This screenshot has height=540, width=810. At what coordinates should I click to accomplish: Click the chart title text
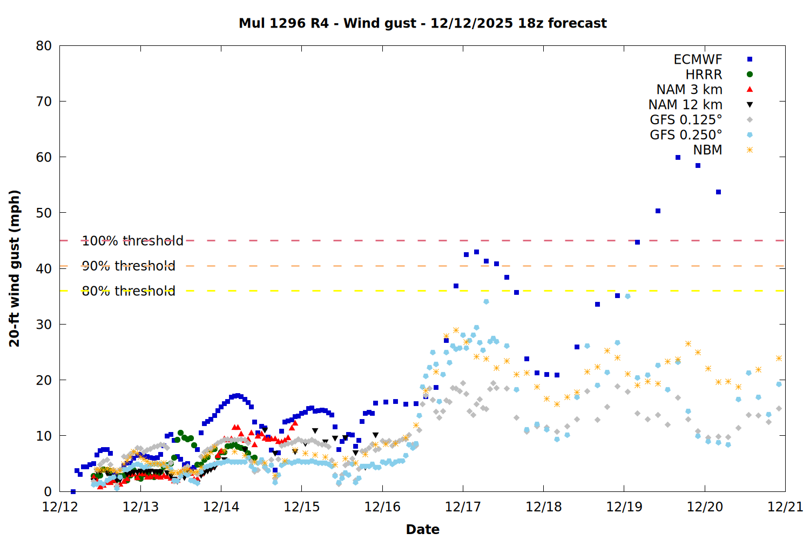[x=423, y=23]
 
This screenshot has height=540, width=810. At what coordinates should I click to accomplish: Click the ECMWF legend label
[x=698, y=59]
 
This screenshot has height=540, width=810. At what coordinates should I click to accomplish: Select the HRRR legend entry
[x=704, y=75]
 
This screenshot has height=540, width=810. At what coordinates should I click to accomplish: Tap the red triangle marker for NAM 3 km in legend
[x=750, y=90]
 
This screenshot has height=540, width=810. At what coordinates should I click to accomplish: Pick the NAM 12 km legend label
[x=685, y=105]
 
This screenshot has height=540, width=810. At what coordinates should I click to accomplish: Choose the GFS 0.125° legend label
[x=686, y=120]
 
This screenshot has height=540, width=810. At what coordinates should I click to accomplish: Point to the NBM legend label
[x=707, y=150]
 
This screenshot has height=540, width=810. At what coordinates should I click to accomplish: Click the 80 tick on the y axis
[x=44, y=46]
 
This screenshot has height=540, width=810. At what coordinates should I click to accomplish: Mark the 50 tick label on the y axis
[x=44, y=213]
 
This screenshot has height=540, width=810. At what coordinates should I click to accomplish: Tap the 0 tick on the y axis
[x=48, y=491]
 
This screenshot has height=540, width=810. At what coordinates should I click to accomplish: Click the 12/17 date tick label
[x=463, y=507]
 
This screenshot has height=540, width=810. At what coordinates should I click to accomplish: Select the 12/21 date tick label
[x=785, y=507]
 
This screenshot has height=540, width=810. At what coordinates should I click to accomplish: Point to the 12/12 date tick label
[x=60, y=507]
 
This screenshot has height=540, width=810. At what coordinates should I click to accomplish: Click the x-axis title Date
[x=423, y=529]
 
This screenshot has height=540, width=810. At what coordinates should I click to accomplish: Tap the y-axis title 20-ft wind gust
[x=15, y=268]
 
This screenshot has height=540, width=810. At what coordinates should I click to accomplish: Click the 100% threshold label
[x=133, y=241]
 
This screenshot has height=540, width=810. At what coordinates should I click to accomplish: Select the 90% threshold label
[x=129, y=266]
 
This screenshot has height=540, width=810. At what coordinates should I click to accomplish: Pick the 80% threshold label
[x=129, y=291]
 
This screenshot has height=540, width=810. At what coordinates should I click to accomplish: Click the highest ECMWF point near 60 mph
[x=678, y=158]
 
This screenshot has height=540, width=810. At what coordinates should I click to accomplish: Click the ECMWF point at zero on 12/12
[x=73, y=491]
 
